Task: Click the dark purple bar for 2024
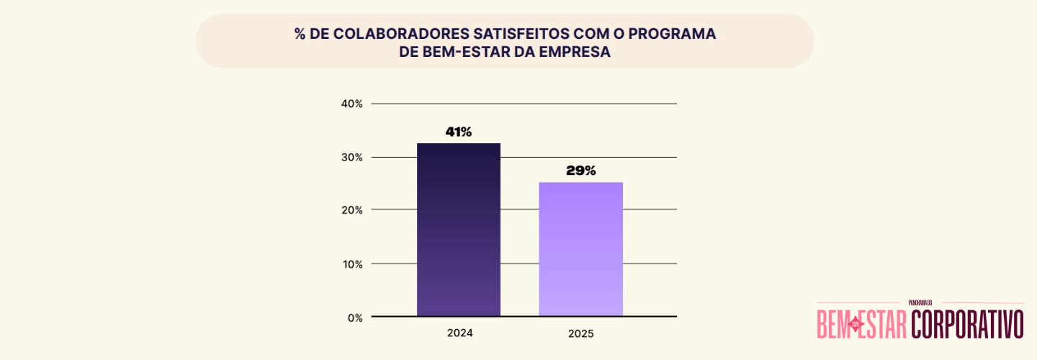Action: (459, 230)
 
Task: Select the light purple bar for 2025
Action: (581, 249)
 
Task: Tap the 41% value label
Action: (459, 132)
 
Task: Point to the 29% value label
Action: (581, 171)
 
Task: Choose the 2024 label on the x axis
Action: (459, 333)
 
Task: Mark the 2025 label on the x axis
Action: (581, 334)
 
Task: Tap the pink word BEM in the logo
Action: (833, 324)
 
